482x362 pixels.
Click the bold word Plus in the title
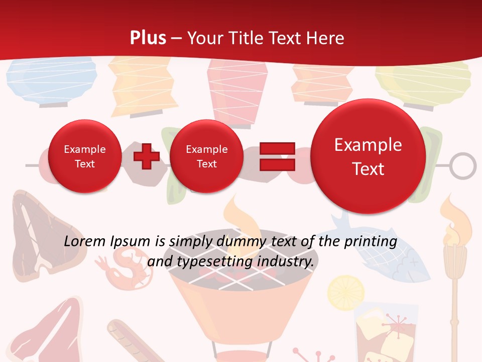pos(148,38)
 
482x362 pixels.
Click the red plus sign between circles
pos(146,156)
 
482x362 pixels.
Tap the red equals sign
pos(277,156)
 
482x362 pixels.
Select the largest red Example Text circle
pos(368,157)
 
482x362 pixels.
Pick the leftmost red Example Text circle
pos(85,156)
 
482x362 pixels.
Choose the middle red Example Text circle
pos(206,156)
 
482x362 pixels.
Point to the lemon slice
pos(342,290)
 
